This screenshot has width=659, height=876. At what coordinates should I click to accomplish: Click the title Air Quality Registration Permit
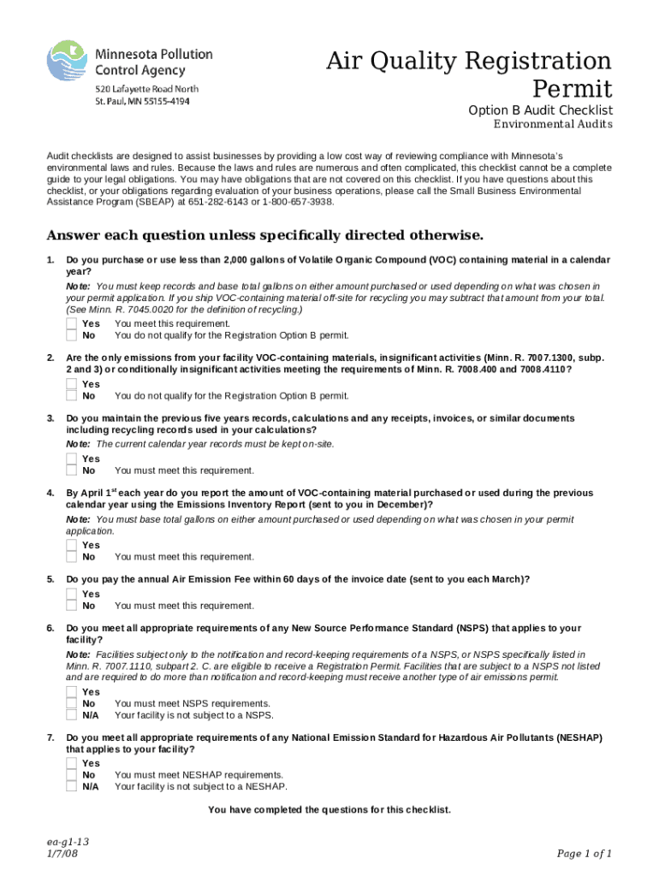(469, 74)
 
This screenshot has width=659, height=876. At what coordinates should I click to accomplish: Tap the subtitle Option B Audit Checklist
(539, 111)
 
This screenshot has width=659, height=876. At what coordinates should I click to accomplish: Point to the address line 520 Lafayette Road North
(146, 89)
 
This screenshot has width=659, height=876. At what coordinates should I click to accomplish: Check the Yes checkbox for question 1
(72, 324)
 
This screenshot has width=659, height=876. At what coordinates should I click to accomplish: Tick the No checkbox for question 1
(72, 335)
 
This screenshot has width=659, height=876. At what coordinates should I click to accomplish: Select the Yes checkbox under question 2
(72, 385)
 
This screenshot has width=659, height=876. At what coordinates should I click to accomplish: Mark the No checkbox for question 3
(72, 471)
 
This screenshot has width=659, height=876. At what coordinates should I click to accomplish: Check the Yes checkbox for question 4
(72, 545)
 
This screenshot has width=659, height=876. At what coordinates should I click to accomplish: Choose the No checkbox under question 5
(72, 606)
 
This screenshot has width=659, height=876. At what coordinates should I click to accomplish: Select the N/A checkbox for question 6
(72, 715)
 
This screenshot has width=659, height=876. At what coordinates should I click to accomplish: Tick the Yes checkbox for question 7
(72, 763)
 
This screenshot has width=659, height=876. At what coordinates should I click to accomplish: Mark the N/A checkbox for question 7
(72, 787)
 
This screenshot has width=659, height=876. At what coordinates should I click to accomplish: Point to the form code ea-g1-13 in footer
(68, 842)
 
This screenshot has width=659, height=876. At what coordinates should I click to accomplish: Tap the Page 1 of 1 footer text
(585, 853)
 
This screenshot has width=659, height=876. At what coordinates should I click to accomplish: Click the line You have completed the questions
(329, 809)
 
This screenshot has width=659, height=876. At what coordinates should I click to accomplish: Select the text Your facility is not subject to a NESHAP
(201, 787)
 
